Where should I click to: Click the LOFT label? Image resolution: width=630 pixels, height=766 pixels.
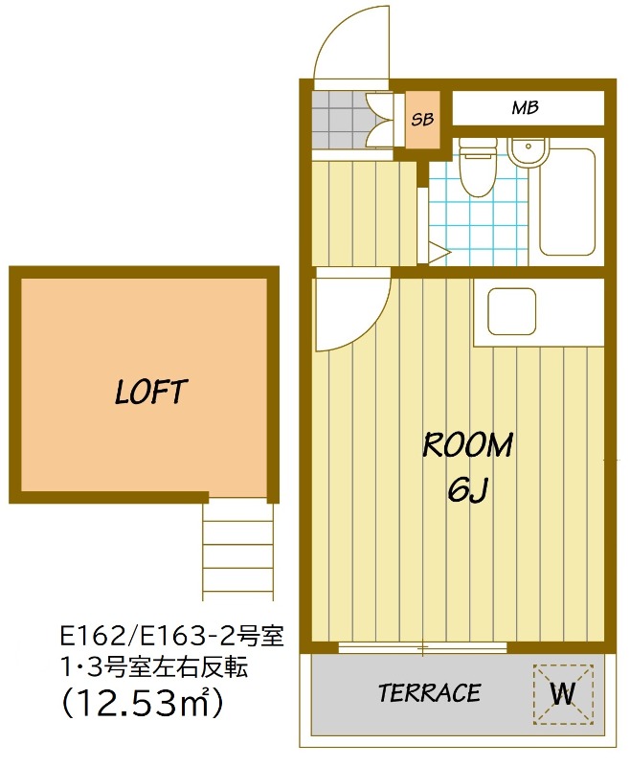tap(150, 392)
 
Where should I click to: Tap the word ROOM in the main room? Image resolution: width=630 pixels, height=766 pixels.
tap(467, 444)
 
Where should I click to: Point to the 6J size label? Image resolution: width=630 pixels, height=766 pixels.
tap(467, 489)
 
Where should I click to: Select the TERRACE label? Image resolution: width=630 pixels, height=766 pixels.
tap(429, 692)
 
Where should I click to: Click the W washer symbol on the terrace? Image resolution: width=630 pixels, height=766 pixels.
tap(563, 693)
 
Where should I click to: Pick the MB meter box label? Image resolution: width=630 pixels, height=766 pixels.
tap(525, 107)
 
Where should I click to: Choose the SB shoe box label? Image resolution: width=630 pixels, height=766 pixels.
tap(422, 119)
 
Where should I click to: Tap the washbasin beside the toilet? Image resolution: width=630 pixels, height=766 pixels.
tap(529, 152)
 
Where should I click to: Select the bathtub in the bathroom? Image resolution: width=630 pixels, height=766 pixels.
tap(567, 202)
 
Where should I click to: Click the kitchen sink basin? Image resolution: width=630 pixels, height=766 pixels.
tap(512, 312)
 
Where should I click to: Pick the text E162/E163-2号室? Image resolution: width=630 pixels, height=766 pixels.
tap(171, 637)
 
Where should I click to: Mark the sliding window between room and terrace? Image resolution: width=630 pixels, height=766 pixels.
tap(423, 648)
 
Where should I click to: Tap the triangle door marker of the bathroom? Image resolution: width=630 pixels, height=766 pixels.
tap(439, 253)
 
